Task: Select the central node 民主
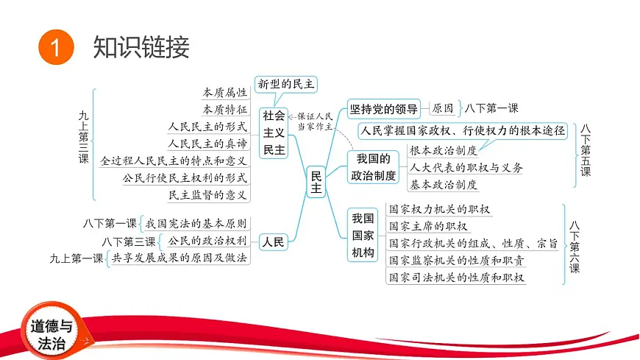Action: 316,183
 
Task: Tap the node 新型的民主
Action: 285,84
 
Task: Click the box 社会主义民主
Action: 274,133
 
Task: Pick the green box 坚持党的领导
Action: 384,108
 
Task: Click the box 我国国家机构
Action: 363,236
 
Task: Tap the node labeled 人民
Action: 273,241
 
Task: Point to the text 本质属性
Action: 225,93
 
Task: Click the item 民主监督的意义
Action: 208,194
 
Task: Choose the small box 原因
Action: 442,108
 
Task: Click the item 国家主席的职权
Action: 428,226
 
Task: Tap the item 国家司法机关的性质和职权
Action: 456,277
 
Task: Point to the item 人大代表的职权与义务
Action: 466,167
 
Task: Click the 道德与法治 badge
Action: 51,334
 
